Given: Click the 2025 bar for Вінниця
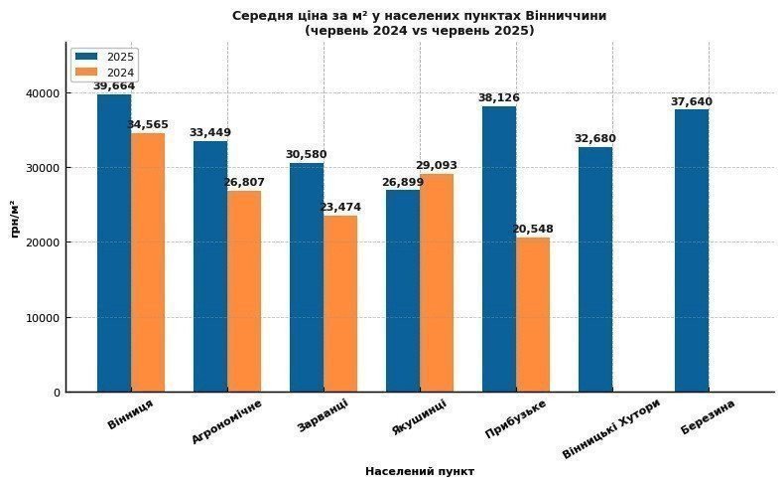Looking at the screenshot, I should (114, 243).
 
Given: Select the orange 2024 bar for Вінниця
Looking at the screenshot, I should (148, 262).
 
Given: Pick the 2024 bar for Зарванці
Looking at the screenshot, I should (340, 303).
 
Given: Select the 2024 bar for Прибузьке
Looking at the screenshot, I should (533, 314).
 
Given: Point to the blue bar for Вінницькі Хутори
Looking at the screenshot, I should (595, 269).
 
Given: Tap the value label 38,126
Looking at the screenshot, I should (498, 98).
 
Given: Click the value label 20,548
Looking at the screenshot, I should (533, 230).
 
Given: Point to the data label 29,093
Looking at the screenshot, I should (437, 166).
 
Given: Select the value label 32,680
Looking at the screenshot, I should (595, 139).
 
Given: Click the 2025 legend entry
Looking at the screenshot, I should (109, 57).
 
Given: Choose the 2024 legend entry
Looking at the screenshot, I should (109, 72).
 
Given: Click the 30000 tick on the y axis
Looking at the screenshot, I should (44, 168).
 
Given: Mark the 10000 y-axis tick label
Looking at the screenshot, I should (44, 318).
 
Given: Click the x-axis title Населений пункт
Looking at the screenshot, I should (420, 471).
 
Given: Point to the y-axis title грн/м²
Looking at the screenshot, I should (14, 219).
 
